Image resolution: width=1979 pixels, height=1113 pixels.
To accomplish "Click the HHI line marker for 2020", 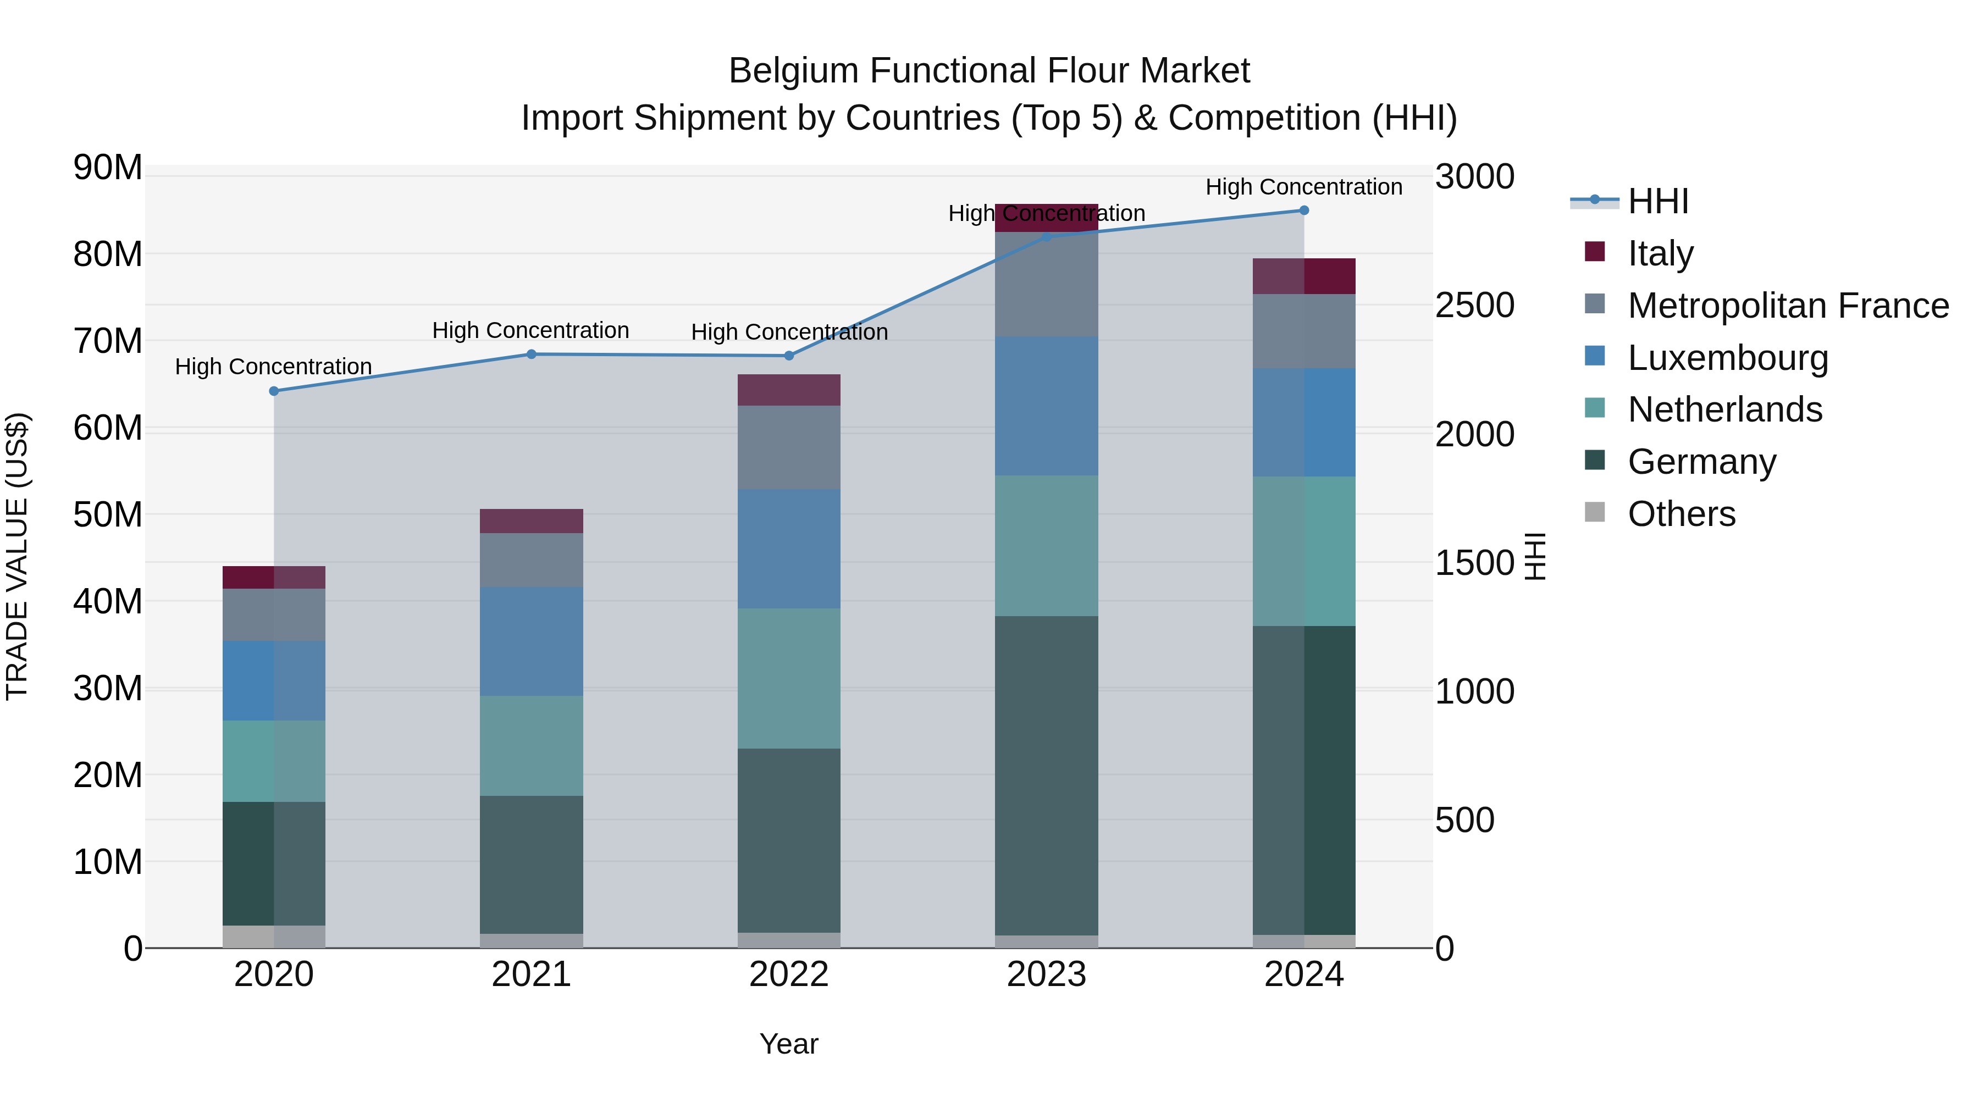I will [274, 391].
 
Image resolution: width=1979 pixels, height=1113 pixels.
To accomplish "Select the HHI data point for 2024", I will [1304, 211].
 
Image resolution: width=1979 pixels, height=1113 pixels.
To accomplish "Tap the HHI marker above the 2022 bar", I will [788, 356].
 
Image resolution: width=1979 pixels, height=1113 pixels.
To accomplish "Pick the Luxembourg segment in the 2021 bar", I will [531, 641].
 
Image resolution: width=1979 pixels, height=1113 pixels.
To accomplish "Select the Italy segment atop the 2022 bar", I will [788, 390].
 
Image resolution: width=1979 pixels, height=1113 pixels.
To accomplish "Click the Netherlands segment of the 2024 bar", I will [1304, 551].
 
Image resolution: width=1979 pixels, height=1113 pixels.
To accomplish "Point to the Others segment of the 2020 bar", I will [274, 937].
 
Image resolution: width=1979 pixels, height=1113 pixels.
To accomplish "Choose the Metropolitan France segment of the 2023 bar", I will [1046, 284].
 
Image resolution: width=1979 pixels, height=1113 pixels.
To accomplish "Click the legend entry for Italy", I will [1660, 253].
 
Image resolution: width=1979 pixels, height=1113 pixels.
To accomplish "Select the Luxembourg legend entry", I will [1727, 358].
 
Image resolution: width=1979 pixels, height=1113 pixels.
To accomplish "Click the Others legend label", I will [1681, 514].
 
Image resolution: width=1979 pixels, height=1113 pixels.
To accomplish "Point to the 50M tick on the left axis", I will [108, 514].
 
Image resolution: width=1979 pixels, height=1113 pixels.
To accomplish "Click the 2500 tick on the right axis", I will [1473, 306].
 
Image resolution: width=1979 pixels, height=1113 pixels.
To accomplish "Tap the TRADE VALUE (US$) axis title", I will [17, 556].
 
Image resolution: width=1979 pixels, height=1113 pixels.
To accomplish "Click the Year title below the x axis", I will [788, 1044].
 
